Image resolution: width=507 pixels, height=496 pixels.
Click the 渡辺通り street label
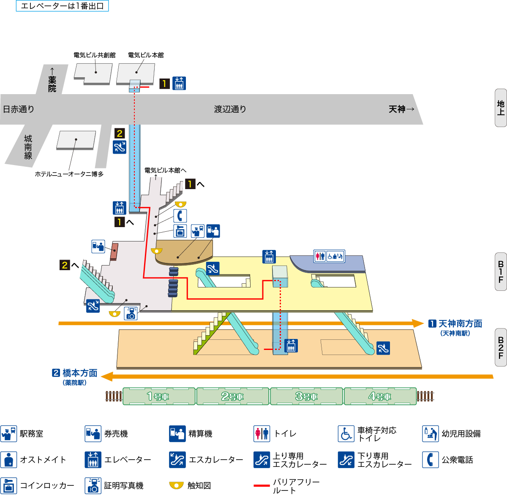tap(230, 109)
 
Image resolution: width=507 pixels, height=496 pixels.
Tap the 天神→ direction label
tap(401, 109)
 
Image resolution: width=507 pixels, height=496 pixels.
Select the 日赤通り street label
tap(19, 109)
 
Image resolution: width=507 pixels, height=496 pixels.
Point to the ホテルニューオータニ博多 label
tap(69, 174)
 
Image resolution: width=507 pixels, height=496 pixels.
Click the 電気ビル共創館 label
tap(94, 55)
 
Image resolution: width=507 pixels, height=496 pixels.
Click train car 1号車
tap(159, 396)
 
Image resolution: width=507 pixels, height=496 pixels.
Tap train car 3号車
tap(307, 396)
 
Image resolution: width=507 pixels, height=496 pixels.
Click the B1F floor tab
tap(501, 272)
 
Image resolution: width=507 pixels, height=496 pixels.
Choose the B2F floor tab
tap(501, 347)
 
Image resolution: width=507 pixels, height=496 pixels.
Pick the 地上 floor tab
tap(501, 108)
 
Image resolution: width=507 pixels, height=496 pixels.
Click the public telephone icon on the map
tap(180, 216)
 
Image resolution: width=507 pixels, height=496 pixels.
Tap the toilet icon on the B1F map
tap(320, 256)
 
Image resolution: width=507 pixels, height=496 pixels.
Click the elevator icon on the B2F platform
tap(291, 345)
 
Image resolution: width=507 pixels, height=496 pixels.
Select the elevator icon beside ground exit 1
tap(179, 84)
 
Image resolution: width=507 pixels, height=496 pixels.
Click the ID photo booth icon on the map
tap(131, 313)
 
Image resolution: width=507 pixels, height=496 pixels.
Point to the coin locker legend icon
tap(8, 485)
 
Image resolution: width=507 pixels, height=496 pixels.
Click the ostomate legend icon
tap(8, 460)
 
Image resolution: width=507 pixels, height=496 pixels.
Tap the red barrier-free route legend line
tap(262, 486)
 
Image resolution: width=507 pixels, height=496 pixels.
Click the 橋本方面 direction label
tap(80, 373)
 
